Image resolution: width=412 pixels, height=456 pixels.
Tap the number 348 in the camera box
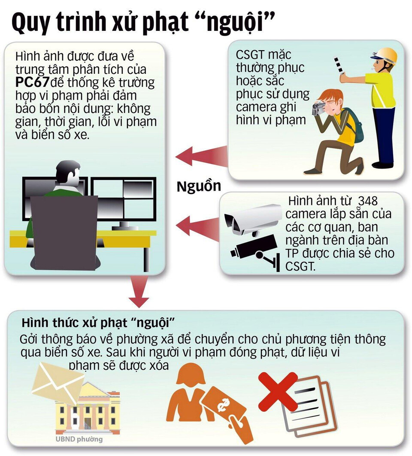(368, 201)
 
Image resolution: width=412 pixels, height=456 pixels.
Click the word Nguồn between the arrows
(199, 186)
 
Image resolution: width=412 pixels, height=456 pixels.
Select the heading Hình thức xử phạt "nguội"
(100, 323)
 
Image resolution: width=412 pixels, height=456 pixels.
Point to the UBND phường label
(79, 439)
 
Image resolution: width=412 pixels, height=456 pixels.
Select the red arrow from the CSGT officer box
(202, 155)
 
